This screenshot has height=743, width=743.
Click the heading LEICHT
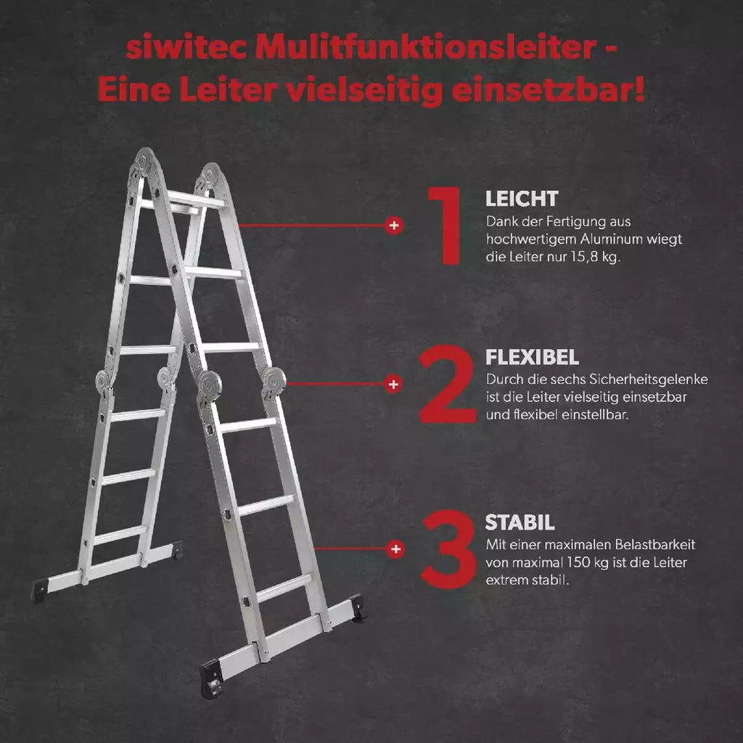click(x=521, y=199)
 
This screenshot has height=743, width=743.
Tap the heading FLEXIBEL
click(x=531, y=357)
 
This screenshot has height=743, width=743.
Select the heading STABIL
click(x=520, y=522)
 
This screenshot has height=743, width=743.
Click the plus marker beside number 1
click(x=394, y=226)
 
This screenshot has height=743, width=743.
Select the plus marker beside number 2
click(x=393, y=384)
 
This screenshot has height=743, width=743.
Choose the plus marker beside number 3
click(x=395, y=549)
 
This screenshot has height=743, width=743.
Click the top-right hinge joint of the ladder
click(x=210, y=177)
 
